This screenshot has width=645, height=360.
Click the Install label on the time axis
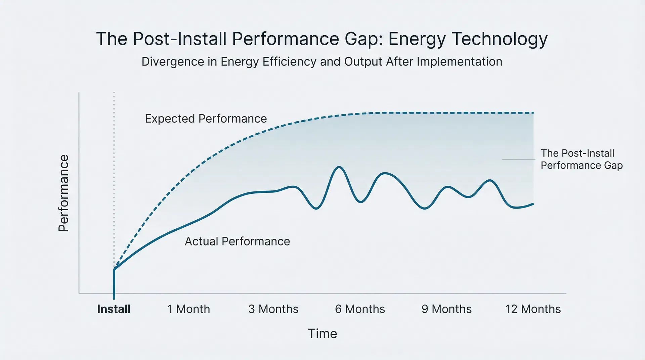tap(114, 309)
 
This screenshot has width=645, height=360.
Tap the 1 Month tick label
tap(188, 309)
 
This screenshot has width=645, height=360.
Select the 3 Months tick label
tap(273, 309)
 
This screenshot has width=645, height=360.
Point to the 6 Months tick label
tap(360, 309)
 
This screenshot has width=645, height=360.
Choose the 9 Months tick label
tap(446, 309)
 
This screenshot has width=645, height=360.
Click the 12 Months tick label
tap(533, 309)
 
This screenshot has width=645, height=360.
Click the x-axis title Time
tap(322, 334)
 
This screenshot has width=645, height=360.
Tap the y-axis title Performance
tap(63, 193)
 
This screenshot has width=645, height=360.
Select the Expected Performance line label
tap(206, 119)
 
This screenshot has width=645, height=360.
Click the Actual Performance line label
tap(237, 241)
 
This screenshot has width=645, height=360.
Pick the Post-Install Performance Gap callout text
tap(581, 159)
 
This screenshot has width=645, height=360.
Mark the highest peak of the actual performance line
tap(339, 167)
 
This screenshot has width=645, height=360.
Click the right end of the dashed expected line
tap(533, 113)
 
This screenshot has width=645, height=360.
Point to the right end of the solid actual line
tap(533, 204)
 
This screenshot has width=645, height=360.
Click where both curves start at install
tap(114, 269)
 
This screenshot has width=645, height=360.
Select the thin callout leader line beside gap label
tap(518, 159)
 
